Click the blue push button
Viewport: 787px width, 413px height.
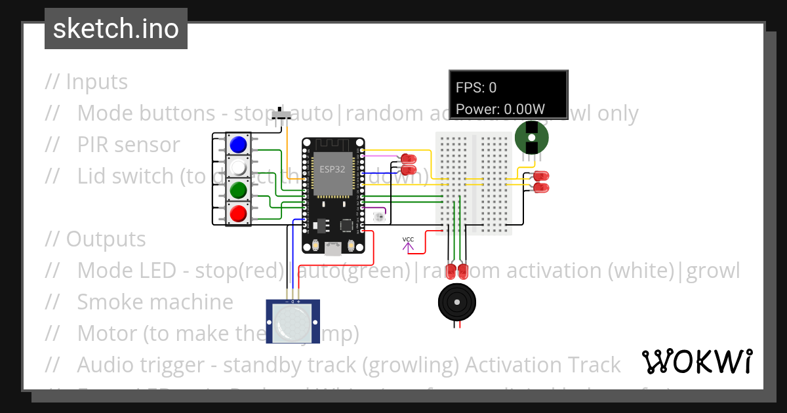239,144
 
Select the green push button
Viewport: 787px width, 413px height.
239,190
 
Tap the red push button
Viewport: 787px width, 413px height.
239,213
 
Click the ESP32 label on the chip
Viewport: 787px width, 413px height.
333,169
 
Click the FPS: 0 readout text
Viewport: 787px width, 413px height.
476,87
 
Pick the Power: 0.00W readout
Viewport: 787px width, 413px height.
500,109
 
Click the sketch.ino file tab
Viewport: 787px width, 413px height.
116,29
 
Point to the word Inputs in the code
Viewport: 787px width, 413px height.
96,82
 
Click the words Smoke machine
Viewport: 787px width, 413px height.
155,302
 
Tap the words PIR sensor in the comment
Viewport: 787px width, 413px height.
129,144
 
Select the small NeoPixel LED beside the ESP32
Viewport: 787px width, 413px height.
377,216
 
